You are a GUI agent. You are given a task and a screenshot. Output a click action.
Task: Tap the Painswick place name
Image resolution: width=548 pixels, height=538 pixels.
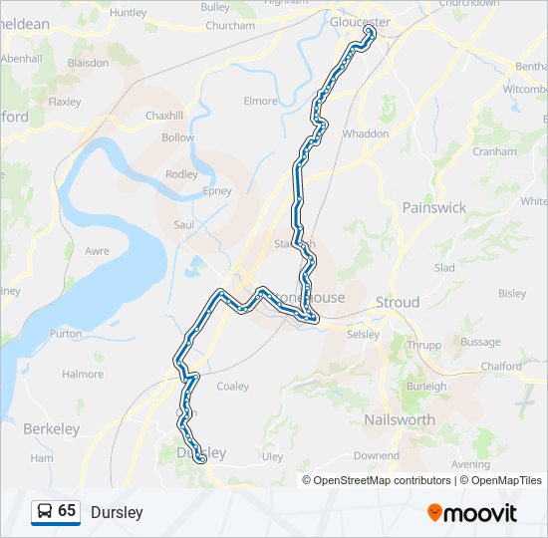point(433,207)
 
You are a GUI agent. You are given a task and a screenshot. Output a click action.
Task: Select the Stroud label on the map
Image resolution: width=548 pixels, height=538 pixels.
point(397,302)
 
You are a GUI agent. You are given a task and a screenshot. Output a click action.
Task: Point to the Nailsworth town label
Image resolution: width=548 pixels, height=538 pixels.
point(400,419)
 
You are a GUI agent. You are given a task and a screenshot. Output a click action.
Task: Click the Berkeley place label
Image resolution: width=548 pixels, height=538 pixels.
point(51,428)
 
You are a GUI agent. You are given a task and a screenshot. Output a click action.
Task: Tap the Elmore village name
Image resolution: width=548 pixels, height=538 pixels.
point(260,101)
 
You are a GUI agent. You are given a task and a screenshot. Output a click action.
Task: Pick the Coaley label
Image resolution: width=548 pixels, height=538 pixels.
point(232,386)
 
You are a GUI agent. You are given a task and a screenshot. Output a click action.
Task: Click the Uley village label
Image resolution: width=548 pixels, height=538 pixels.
point(272,456)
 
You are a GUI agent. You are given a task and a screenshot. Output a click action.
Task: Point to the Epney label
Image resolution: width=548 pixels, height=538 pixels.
point(216,190)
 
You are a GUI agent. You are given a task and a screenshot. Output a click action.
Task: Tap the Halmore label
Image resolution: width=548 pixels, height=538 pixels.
point(83,374)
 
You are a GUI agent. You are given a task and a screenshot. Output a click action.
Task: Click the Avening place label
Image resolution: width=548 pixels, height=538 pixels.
point(470,464)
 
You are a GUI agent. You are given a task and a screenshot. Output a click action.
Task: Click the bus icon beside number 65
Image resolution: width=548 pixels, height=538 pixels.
point(45,511)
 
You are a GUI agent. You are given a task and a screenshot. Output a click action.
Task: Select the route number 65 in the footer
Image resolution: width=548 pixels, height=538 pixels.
point(67,511)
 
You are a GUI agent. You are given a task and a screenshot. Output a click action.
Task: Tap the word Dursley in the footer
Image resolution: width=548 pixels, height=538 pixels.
point(117,512)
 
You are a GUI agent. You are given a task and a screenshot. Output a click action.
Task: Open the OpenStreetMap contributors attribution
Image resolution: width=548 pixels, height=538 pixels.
point(382,480)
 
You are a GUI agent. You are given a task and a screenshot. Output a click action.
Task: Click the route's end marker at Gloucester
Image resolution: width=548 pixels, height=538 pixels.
point(371,32)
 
